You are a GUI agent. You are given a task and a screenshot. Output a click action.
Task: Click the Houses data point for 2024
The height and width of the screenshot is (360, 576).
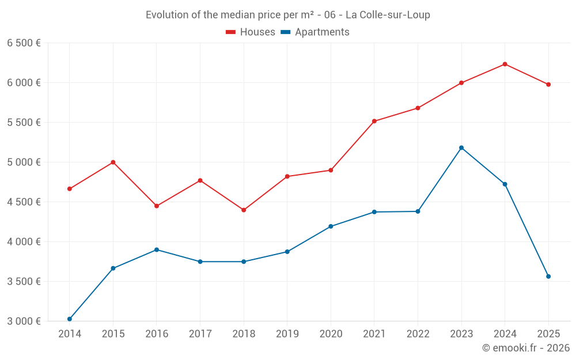click(505, 64)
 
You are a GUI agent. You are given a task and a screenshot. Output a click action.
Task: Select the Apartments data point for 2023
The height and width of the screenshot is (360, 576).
click(461, 148)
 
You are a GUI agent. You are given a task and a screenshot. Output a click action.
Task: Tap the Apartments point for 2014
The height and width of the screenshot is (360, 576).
click(70, 319)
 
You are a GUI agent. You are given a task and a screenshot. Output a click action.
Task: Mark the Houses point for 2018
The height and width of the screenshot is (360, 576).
click(244, 210)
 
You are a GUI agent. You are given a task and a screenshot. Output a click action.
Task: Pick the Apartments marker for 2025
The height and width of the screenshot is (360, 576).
click(548, 276)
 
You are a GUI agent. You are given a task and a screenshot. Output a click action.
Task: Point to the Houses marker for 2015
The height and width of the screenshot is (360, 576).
click(113, 162)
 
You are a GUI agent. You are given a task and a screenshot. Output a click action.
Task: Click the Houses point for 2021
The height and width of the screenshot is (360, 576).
click(374, 121)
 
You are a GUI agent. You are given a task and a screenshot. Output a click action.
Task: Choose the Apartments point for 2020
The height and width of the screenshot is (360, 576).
click(331, 226)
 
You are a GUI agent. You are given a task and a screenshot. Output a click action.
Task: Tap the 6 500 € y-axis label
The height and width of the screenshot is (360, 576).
click(24, 43)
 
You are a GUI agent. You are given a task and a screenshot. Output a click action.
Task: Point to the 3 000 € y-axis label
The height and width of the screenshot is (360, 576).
click(24, 321)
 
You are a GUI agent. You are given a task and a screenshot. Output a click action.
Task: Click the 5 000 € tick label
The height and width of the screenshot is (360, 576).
click(24, 162)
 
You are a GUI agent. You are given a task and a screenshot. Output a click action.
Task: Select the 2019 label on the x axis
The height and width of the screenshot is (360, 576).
click(287, 334)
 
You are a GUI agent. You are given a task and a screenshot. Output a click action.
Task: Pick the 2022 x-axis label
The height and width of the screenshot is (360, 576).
click(418, 334)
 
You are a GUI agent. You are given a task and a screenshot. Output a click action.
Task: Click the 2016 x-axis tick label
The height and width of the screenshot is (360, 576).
click(157, 334)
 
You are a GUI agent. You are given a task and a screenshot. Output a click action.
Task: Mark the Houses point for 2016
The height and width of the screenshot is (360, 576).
click(157, 206)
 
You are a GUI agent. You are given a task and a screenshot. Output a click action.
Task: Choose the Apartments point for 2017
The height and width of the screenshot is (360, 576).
click(200, 262)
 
